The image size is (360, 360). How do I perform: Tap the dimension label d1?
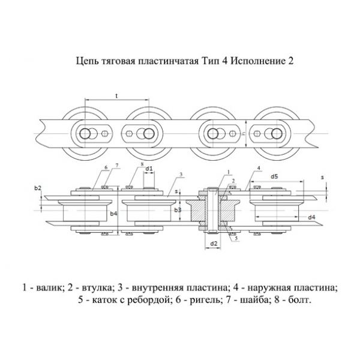tap(149, 169)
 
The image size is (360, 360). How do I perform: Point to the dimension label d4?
tap(312, 217)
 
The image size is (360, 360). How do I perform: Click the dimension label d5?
tap(274, 176)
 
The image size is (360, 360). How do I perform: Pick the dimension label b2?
tap(38, 188)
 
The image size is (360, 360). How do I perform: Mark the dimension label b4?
tap(114, 212)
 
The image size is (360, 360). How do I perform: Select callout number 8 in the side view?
tap(142, 163)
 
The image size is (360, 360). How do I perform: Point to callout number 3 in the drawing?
tap(181, 174)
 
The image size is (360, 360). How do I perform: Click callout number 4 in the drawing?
tap(258, 167)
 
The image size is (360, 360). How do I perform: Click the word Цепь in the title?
tap(88, 61)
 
